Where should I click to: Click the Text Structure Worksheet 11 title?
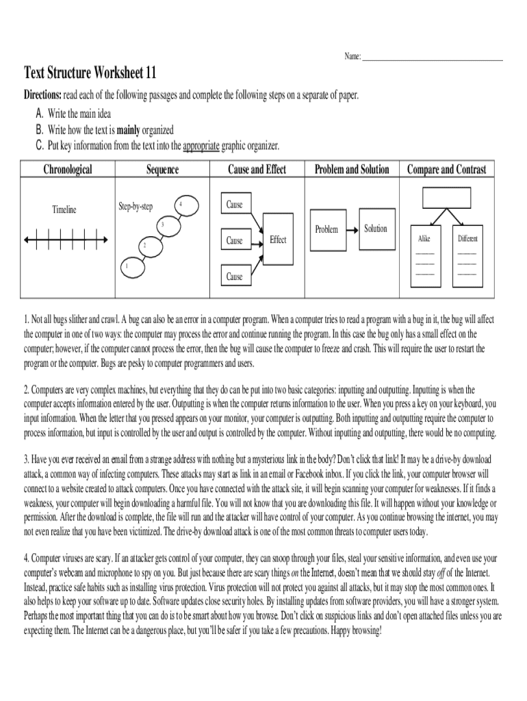[90, 73]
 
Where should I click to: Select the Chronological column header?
[68, 169]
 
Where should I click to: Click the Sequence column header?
[162, 169]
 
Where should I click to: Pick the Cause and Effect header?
[257, 169]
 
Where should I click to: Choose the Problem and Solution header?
[351, 169]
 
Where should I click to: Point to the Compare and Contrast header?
[446, 169]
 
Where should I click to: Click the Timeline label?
[64, 209]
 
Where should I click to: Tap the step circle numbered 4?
[180, 205]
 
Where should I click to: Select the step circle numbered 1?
[126, 266]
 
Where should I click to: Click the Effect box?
[278, 240]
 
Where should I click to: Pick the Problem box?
[326, 229]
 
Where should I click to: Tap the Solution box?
[376, 229]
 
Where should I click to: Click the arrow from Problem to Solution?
[351, 229]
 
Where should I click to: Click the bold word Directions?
[42, 95]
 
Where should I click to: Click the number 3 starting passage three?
[27, 459]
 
